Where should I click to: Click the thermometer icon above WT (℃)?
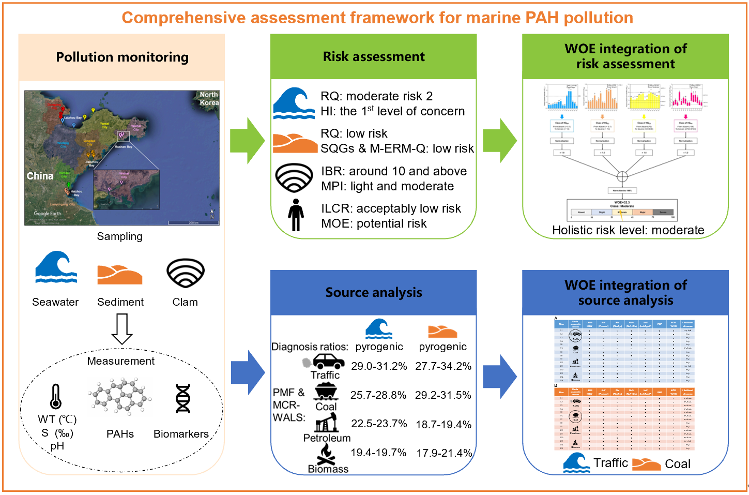click(56, 397)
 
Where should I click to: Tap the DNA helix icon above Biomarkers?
click(183, 398)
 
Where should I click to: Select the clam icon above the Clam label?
click(186, 273)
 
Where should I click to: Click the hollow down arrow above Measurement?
click(122, 329)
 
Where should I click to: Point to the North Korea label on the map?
click(209, 98)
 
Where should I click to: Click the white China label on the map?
click(40, 176)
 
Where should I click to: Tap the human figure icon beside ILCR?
click(296, 215)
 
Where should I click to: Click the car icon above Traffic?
click(328, 361)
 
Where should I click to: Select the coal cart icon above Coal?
click(326, 391)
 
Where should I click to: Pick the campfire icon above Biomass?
click(326, 454)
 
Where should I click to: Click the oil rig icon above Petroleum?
click(327, 423)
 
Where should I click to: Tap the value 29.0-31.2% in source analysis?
click(379, 366)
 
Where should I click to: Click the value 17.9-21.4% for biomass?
click(444, 453)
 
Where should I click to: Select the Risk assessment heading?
click(374, 56)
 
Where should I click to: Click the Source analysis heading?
click(374, 292)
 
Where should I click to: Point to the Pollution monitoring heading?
click(122, 57)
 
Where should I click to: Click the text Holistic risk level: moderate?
click(628, 230)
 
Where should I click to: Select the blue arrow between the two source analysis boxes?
click(500, 376)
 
